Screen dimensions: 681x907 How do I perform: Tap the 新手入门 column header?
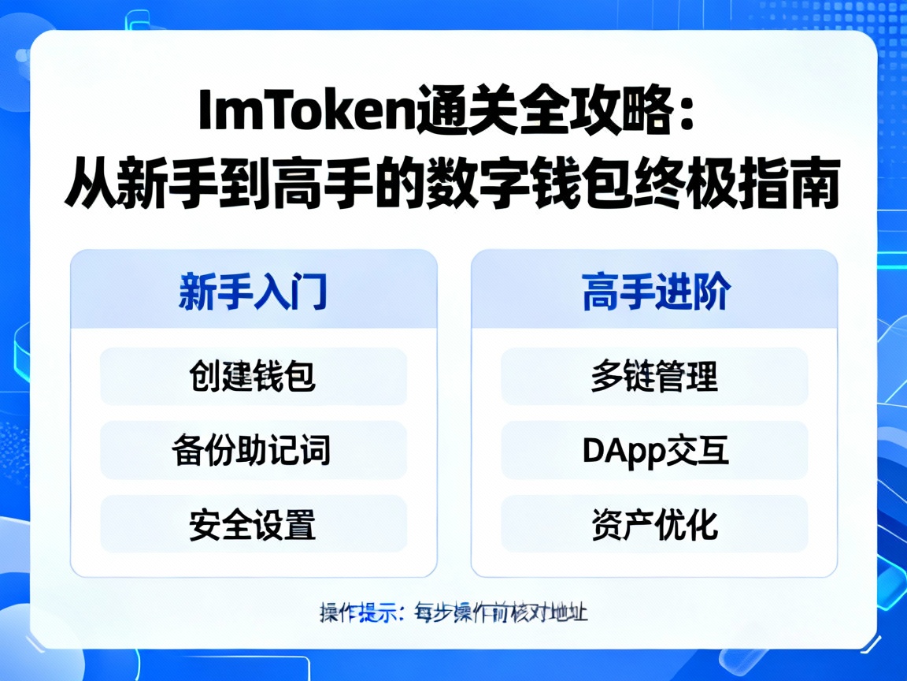253,292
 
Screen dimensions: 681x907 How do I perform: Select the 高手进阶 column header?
655,292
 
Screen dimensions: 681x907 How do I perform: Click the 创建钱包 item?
253,377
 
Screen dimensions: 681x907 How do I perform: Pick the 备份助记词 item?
253,451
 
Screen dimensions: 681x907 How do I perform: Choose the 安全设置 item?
253,525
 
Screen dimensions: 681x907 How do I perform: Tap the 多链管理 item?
655,377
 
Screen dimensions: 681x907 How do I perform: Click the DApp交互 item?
655,451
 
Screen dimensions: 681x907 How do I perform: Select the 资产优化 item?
655,525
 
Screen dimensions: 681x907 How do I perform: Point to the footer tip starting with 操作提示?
453,612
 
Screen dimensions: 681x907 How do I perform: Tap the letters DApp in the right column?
619,451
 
